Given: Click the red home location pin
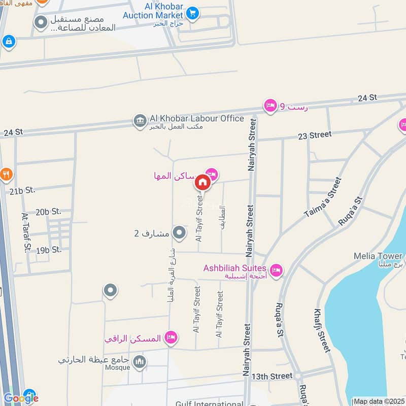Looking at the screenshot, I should click(x=202, y=182).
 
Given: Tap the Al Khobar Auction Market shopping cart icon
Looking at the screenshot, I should click(x=192, y=13).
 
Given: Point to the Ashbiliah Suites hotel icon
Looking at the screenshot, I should click(x=276, y=269).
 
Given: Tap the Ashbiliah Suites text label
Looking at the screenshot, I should click(x=235, y=268).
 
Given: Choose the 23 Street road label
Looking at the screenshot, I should click(x=314, y=135).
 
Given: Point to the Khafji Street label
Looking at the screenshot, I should click(x=322, y=330).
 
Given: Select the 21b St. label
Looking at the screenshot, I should click(x=22, y=190).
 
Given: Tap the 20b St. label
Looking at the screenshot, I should click(x=49, y=211).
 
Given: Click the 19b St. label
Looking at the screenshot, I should click(x=49, y=250).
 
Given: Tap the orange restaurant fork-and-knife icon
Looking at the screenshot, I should click(x=6, y=175).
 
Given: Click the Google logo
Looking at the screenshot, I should click(x=21, y=398).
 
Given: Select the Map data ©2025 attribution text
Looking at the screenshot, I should click(x=378, y=401).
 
